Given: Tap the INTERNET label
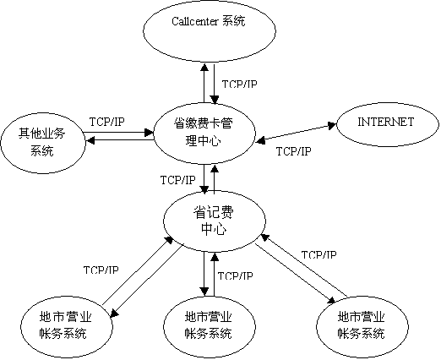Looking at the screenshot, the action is pyautogui.click(x=385, y=122).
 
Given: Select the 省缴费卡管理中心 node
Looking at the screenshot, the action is pyautogui.click(x=204, y=134).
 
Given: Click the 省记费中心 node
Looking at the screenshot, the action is pyautogui.click(x=215, y=221).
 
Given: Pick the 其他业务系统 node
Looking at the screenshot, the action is pyautogui.click(x=43, y=142).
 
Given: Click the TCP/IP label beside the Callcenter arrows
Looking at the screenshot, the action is pyautogui.click(x=239, y=84).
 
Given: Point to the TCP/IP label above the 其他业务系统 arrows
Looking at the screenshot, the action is pyautogui.click(x=106, y=122).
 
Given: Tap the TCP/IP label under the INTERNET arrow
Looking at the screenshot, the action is pyautogui.click(x=293, y=151).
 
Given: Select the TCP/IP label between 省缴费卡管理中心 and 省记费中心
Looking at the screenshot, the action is pyautogui.click(x=177, y=180).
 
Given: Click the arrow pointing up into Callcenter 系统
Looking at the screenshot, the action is pyautogui.click(x=204, y=83).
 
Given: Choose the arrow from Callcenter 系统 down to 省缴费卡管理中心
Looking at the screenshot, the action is pyautogui.click(x=215, y=84).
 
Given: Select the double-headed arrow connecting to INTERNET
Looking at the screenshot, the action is pyautogui.click(x=296, y=133).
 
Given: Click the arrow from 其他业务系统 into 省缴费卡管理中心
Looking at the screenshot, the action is pyautogui.click(x=118, y=132).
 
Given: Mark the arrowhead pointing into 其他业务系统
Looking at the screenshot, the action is pyautogui.click(x=90, y=139).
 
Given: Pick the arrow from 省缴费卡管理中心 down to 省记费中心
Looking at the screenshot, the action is pyautogui.click(x=204, y=179).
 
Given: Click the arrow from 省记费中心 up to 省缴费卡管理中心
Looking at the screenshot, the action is pyautogui.click(x=215, y=179).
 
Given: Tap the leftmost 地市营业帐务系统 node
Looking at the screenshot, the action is pyautogui.click(x=67, y=327).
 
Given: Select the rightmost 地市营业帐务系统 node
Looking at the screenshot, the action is pyautogui.click(x=362, y=327).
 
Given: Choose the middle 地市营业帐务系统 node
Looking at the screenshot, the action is pyautogui.click(x=210, y=327).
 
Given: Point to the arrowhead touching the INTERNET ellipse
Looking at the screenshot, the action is pyautogui.click(x=332, y=125).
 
